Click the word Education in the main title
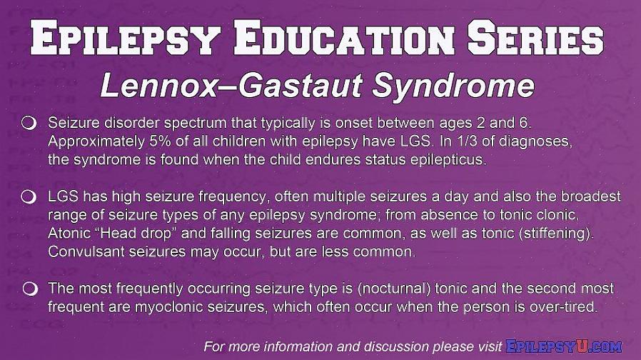(344, 37)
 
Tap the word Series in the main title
(535, 37)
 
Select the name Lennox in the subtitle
(158, 86)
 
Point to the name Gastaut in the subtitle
(300, 86)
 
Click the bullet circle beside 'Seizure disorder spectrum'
(29, 123)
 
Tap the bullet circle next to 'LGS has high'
(29, 196)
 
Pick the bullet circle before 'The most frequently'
(30, 289)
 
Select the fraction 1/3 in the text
(463, 141)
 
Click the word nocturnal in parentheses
(395, 289)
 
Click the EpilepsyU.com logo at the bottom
(564, 347)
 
